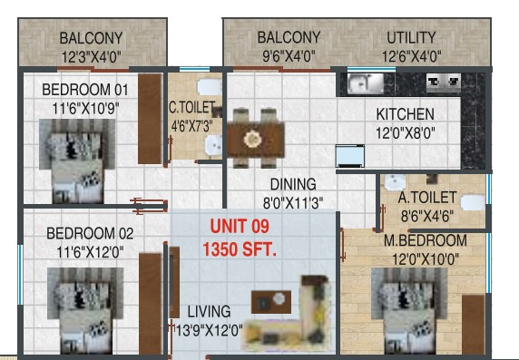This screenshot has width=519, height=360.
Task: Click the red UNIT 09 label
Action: coord(240,227)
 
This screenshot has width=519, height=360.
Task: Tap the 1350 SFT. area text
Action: coord(240,249)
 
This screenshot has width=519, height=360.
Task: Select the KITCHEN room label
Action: coord(406,114)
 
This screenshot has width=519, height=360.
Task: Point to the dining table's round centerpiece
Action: coord(253,139)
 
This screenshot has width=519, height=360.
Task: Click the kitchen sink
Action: coord(366,83)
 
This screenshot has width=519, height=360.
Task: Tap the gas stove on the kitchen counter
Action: coord(444,82)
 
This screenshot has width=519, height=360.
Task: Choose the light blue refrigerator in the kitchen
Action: coord(350,156)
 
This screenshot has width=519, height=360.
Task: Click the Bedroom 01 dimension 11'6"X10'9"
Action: coord(85,109)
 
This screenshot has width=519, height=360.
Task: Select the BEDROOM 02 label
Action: coord(90,234)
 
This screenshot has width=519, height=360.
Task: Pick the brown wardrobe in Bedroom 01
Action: coord(150,119)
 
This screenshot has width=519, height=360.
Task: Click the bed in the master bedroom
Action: coord(409,310)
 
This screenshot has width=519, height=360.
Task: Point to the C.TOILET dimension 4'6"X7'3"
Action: coord(192,126)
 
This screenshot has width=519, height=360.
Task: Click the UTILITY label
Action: coord(411,38)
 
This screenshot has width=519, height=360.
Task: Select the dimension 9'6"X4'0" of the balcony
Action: coord(289,56)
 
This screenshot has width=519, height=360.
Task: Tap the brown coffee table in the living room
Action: coord(271,302)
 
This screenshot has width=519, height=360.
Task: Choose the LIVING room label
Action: coord(210,312)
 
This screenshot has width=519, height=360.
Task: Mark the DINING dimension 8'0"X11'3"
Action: coord(293,203)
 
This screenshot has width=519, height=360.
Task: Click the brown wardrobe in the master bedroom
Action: coord(474,325)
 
